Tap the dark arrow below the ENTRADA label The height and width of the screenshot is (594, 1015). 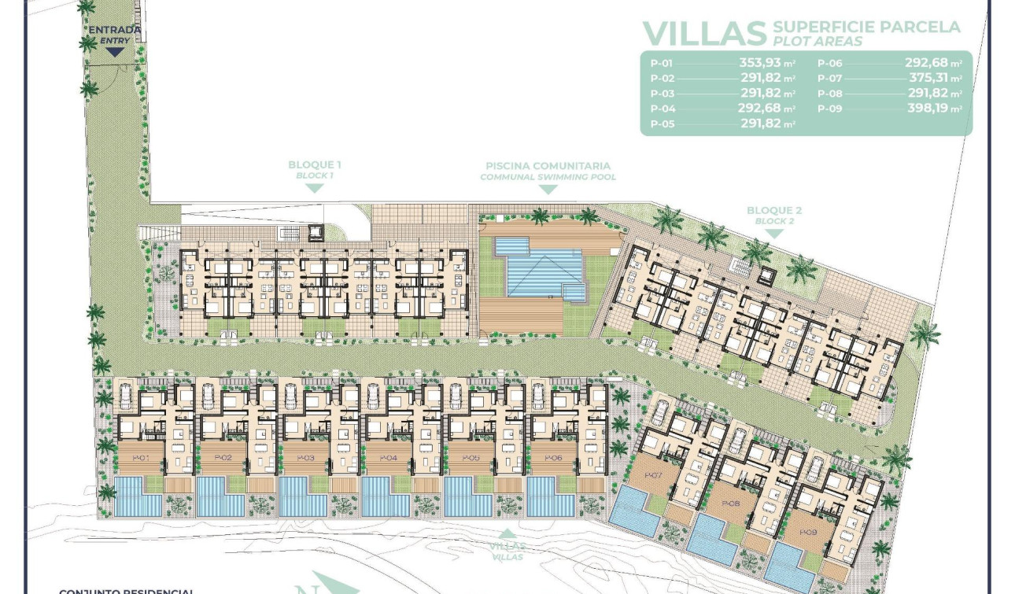[x=115, y=52]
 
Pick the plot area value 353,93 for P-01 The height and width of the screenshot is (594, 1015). [x=760, y=63]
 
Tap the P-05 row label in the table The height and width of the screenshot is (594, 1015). [x=663, y=124]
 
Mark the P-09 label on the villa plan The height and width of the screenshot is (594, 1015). [x=808, y=532]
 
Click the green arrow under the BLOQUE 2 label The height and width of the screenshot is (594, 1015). [x=774, y=234]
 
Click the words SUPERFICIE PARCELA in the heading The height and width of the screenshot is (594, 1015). [x=866, y=28]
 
